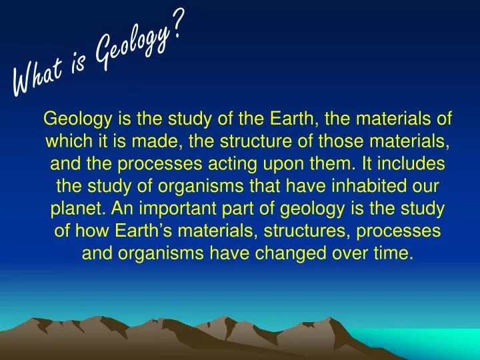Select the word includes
(x=413, y=164)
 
